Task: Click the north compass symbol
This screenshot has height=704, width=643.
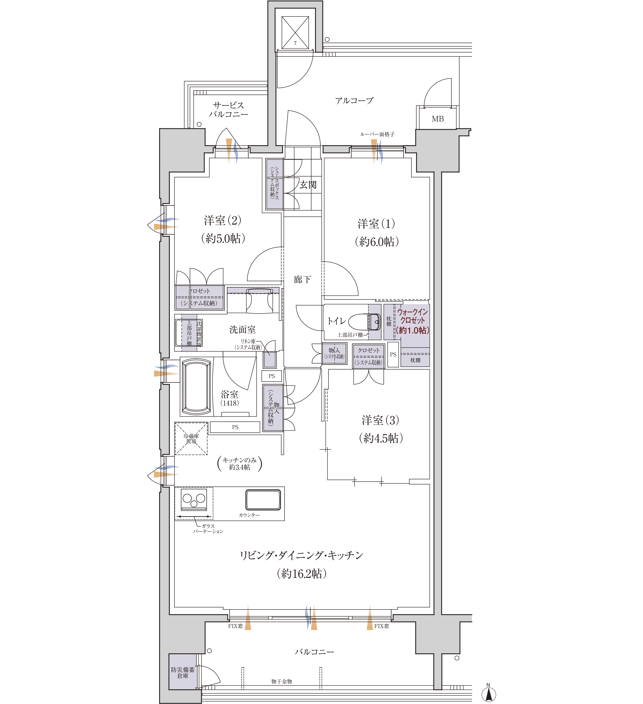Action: pyautogui.click(x=489, y=694)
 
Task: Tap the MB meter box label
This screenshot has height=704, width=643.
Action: pyautogui.click(x=438, y=119)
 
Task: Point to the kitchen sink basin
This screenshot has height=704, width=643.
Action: pyautogui.click(x=263, y=500)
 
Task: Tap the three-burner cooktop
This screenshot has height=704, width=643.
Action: pyautogui.click(x=194, y=500)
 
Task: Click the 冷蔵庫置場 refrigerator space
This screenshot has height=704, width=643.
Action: pyautogui.click(x=191, y=439)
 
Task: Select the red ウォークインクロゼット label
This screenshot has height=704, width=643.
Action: pyautogui.click(x=412, y=321)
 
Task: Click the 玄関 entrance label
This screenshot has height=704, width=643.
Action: pyautogui.click(x=308, y=185)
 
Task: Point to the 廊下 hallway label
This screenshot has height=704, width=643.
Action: pyautogui.click(x=302, y=279)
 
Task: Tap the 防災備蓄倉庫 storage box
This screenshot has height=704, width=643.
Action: pyautogui.click(x=182, y=672)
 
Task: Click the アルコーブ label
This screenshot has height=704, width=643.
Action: pyautogui.click(x=354, y=100)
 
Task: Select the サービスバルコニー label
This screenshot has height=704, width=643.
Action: pyautogui.click(x=229, y=110)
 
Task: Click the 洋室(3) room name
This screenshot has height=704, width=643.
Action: pyautogui.click(x=380, y=420)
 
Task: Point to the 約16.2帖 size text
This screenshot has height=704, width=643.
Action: pyautogui.click(x=302, y=574)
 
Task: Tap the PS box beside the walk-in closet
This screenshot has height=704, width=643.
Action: pyautogui.click(x=393, y=355)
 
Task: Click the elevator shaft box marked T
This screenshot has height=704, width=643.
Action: pyautogui.click(x=295, y=32)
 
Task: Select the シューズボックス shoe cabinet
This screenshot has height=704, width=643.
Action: pyautogui.click(x=274, y=184)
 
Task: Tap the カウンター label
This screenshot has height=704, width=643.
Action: pyautogui.click(x=249, y=515)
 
